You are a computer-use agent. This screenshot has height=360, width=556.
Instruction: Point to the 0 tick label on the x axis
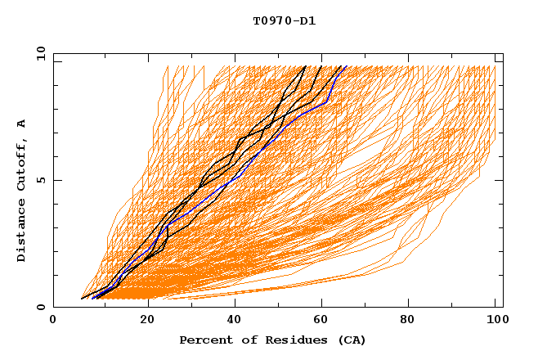tap(53, 321)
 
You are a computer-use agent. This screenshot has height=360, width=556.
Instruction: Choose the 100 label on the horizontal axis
tap(495, 321)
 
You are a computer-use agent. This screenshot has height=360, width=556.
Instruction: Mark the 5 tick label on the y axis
tap(40, 180)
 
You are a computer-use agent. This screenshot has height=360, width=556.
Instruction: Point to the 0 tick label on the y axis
tap(40, 307)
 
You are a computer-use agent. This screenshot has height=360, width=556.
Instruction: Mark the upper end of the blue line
tap(346, 66)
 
